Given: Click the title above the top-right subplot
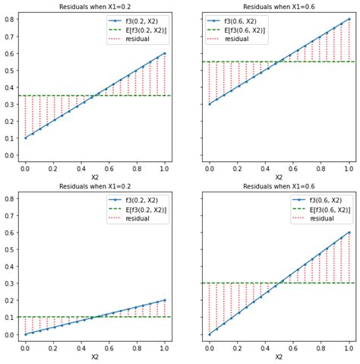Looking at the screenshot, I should click(x=279, y=7).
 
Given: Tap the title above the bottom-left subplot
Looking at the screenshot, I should click(x=95, y=185).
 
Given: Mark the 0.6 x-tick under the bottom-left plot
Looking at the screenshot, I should click(x=109, y=349).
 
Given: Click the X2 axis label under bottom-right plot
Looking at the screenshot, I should click(x=279, y=357).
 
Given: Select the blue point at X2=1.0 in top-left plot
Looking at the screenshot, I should click(x=164, y=53).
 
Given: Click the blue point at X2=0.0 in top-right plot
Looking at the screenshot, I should click(x=210, y=104).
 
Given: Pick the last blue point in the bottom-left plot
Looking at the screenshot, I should click(x=164, y=300).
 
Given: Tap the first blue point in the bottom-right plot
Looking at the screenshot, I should click(x=210, y=334).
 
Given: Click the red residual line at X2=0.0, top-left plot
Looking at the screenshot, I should click(x=25, y=116).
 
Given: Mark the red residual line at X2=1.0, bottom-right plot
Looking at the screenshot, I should click(x=349, y=258).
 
